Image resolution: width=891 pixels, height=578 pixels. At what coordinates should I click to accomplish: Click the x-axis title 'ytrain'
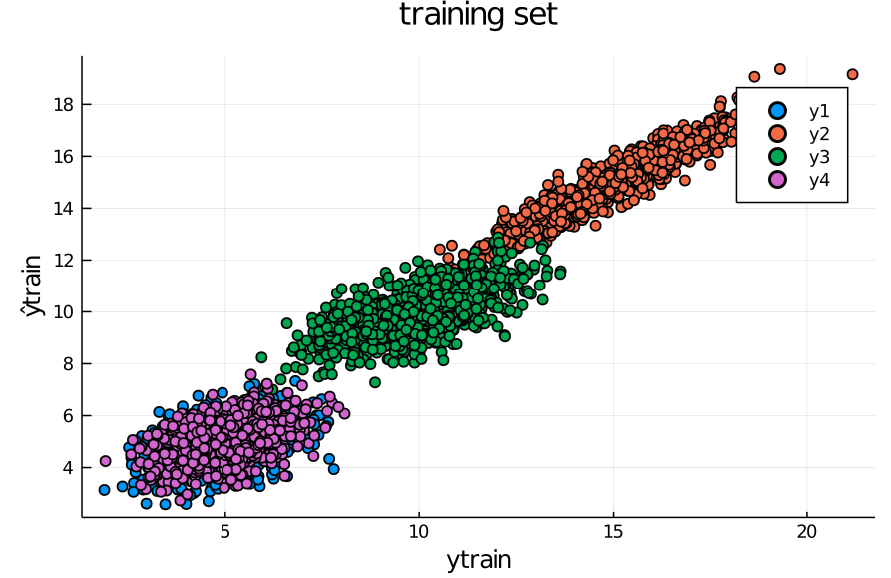[x=478, y=560]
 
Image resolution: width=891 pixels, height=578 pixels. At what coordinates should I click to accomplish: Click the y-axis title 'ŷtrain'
[x=34, y=287]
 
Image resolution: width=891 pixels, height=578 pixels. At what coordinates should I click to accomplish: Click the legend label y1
[x=819, y=111]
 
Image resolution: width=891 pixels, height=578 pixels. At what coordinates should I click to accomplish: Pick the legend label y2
[x=819, y=134]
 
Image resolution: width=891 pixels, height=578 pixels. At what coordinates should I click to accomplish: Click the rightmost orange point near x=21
[x=852, y=74]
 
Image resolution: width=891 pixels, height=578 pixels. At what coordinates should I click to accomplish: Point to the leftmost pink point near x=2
[x=105, y=461]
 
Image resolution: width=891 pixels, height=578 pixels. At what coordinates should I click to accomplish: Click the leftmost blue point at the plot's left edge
[x=104, y=490]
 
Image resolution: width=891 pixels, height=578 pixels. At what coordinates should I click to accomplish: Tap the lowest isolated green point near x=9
[x=375, y=382]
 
